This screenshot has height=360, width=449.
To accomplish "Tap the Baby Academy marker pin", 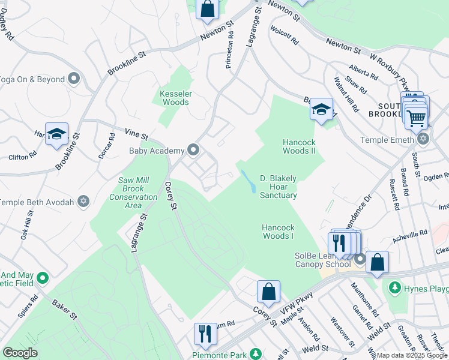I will pyautogui.click(x=193, y=149).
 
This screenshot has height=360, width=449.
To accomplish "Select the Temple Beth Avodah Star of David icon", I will pyautogui.click(x=83, y=202).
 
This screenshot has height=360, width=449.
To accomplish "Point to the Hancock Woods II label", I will pyautogui.click(x=299, y=146).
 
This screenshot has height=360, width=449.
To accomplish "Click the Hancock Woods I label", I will pyautogui.click(x=278, y=232).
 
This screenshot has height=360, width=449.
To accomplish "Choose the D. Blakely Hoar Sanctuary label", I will pyautogui.click(x=279, y=187).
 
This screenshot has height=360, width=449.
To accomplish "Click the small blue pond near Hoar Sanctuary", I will pyautogui.click(x=247, y=180).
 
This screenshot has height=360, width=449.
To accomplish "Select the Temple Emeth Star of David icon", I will pyautogui.click(x=423, y=139).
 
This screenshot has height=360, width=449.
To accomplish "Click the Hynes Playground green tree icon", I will pyautogui.click(x=394, y=289).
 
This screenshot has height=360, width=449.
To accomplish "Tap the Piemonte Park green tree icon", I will pyautogui.click(x=255, y=354).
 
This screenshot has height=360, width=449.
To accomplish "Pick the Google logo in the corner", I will pyautogui.click(x=20, y=353).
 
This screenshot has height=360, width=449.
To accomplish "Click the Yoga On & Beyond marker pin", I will pyautogui.click(x=74, y=79).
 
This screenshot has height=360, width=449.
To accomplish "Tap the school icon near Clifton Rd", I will pyautogui.click(x=56, y=134).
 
